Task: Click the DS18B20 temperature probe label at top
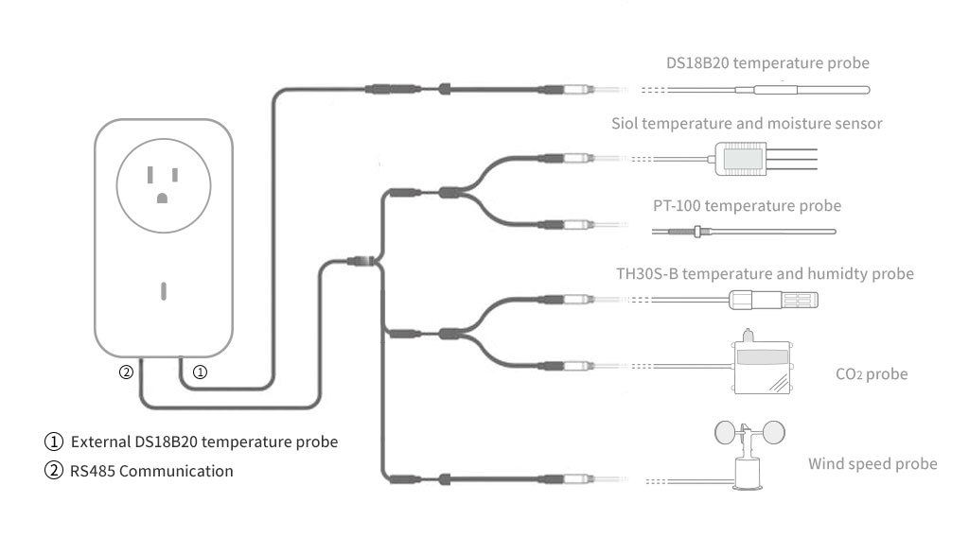point(767,64)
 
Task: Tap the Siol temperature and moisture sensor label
point(747,124)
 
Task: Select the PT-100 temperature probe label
point(747,205)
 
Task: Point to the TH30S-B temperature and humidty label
point(765,274)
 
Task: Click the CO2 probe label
point(872,374)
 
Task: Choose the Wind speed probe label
point(872,464)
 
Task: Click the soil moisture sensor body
point(741,159)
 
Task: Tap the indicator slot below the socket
point(163,289)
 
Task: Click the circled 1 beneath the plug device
point(200,372)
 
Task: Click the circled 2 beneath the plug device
point(126,372)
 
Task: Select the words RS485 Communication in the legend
point(151,471)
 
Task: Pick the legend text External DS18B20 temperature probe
point(203,442)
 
